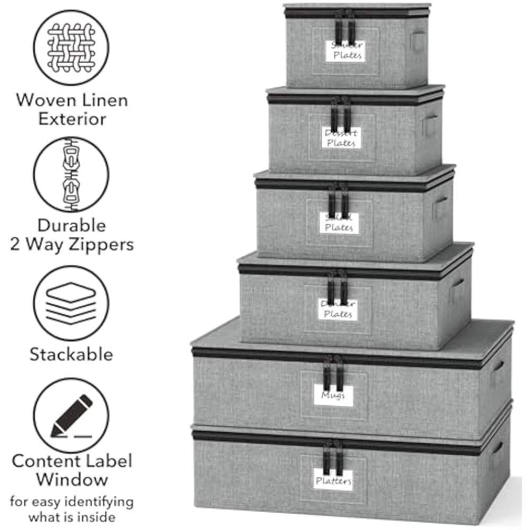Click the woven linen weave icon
click(x=71, y=47)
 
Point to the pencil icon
click(x=72, y=415)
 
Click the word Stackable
click(x=71, y=354)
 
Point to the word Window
click(x=72, y=480)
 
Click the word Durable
click(x=71, y=225)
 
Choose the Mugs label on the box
click(x=333, y=395)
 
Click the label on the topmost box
click(x=346, y=50)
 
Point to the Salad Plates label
click(x=339, y=223)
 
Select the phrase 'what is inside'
click(x=72, y=516)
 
